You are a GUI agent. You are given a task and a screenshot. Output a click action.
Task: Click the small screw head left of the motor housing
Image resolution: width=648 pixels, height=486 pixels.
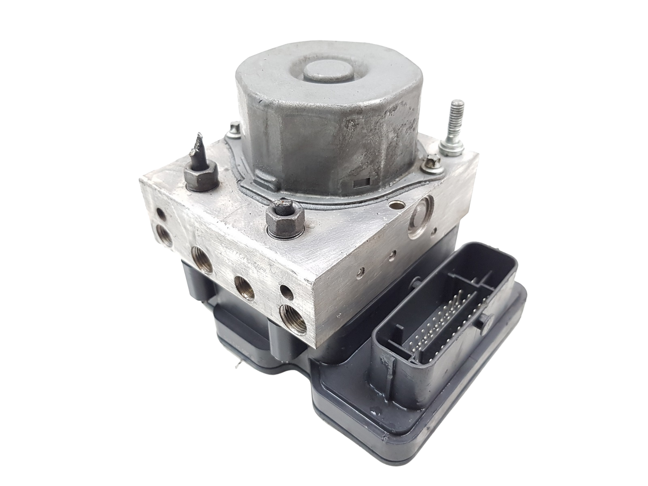pyautogui.click(x=234, y=129)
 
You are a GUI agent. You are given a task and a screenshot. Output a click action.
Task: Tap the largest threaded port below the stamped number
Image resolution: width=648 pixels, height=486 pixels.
pyautogui.click(x=201, y=267)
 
